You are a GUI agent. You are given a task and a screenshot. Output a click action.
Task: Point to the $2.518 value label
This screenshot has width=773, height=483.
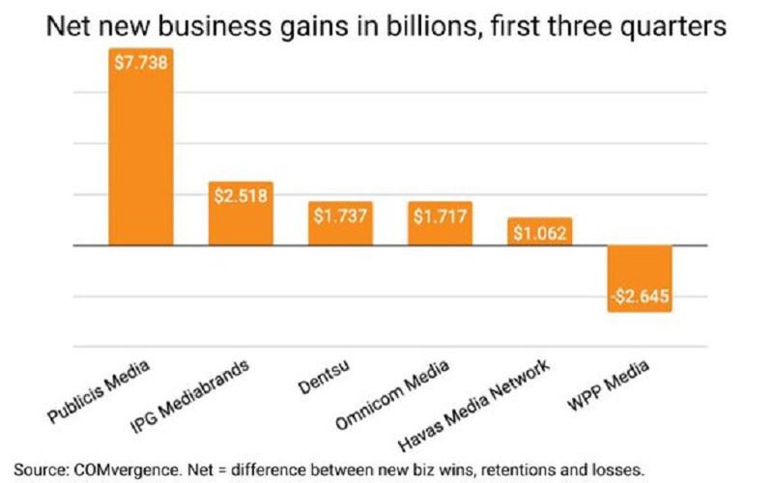click(242, 194)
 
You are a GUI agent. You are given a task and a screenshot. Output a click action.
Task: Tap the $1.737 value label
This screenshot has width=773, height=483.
click(341, 213)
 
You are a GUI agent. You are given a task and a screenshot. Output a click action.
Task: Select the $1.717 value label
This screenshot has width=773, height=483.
click(440, 213)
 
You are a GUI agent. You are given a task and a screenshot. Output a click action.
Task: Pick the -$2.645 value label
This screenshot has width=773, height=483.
click(639, 296)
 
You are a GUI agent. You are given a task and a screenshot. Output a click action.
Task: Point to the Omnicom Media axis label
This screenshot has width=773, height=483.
click(395, 396)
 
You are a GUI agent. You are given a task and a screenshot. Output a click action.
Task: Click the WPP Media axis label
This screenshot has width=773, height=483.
click(608, 387)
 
